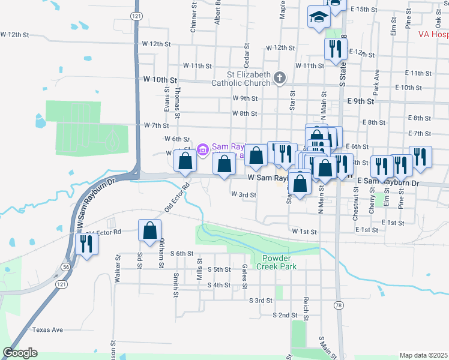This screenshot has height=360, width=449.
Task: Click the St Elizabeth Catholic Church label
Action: (241, 79)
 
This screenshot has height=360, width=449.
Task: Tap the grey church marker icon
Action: (279, 77)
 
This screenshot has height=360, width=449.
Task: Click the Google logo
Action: (20, 353)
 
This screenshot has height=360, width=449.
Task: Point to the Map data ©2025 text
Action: (423, 355)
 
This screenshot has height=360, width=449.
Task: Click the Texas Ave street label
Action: (47, 330)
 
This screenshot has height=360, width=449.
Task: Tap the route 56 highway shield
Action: (64, 266)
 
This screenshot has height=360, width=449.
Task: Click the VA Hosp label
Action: (433, 34)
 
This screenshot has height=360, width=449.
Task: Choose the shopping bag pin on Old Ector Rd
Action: (149, 232)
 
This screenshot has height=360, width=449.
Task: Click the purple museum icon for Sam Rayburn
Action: (203, 148)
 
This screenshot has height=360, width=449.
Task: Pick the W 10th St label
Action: (160, 79)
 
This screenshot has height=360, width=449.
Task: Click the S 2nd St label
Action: (285, 314)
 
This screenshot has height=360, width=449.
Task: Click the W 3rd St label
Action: (244, 195)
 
